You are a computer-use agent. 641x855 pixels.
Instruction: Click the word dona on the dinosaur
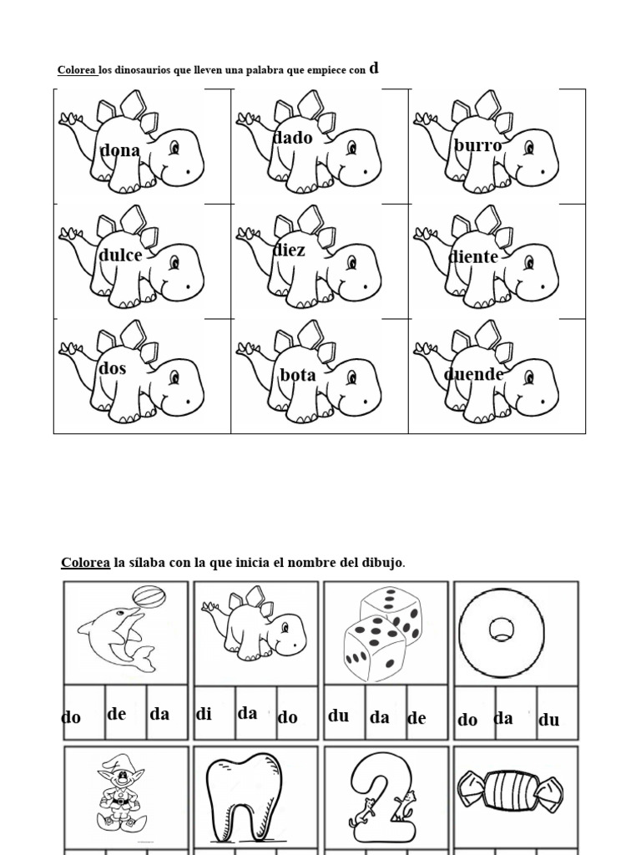(x=120, y=151)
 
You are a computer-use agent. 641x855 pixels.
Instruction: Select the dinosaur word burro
(x=478, y=146)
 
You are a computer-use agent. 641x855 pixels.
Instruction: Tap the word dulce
(x=121, y=256)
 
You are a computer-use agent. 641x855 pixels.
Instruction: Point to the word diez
(x=290, y=250)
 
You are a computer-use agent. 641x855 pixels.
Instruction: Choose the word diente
(x=473, y=257)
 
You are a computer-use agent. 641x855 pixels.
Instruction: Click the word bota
(x=298, y=375)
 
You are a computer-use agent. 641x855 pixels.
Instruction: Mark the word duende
(x=473, y=374)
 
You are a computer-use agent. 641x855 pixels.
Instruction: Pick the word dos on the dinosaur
(x=113, y=368)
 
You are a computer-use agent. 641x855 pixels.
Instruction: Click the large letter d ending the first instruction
(x=374, y=68)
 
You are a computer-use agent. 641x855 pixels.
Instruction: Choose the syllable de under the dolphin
(x=117, y=714)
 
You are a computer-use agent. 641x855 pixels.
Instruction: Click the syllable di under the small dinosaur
(x=204, y=715)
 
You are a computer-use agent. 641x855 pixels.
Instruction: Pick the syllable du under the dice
(x=338, y=716)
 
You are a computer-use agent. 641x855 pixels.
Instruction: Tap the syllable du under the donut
(x=549, y=720)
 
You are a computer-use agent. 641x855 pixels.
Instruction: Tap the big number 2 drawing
(x=380, y=797)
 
